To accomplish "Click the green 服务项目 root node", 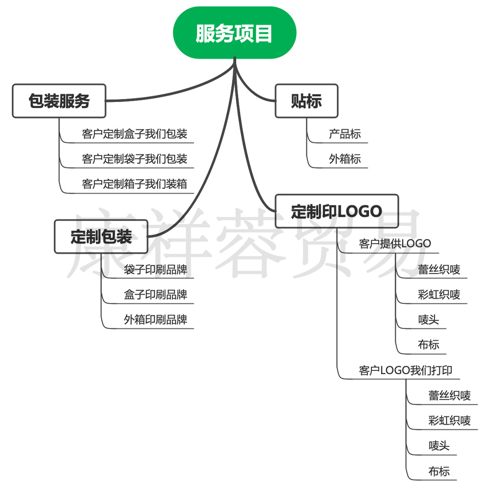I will (234, 33).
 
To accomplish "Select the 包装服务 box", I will (59, 101).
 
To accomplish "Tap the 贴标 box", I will (306, 101).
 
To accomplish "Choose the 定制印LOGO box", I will (337, 211).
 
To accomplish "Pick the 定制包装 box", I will (101, 237).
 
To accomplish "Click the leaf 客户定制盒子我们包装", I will (135, 134).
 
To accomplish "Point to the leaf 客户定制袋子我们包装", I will (135, 159).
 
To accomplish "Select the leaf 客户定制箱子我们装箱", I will (135, 184).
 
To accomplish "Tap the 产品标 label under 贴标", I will (345, 134).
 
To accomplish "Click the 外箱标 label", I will (345, 159).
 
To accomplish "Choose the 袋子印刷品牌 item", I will (156, 269).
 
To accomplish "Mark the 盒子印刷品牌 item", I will (156, 295).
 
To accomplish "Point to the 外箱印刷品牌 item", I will (156, 320).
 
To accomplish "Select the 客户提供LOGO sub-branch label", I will (395, 244).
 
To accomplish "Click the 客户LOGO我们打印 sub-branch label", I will (406, 370).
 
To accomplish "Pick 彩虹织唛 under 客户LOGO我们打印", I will (450, 421).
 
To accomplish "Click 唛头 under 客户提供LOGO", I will (428, 320).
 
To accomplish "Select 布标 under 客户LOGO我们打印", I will (439, 471).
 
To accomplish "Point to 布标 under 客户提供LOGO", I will (428, 345).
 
